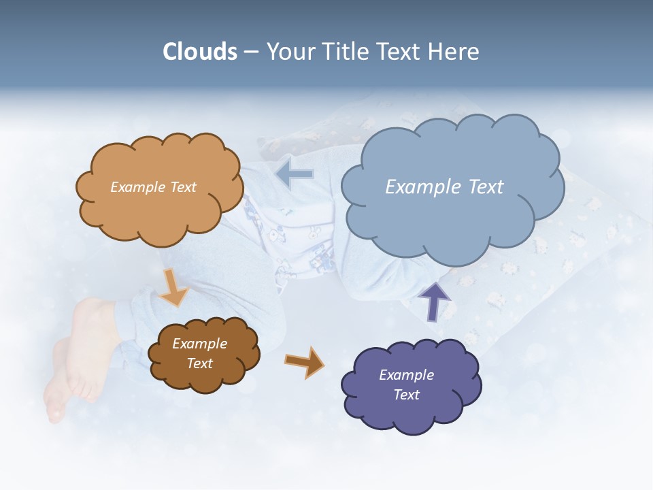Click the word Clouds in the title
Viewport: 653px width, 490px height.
pos(200,52)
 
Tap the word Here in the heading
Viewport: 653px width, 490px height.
pos(454,52)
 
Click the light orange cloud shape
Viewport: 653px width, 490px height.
pos(160,211)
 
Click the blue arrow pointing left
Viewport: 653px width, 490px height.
pos(295,175)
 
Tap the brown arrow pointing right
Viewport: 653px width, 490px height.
pos(305,362)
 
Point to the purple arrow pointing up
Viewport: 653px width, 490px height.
pos(434,301)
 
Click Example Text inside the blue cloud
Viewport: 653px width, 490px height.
pos(444,186)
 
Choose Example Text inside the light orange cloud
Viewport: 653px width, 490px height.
pos(153,186)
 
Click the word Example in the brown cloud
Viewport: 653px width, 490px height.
pos(199,344)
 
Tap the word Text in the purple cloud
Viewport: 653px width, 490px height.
pos(406,395)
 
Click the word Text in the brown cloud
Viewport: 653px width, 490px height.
pos(199,363)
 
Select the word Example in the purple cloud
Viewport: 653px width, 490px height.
pos(406,375)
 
